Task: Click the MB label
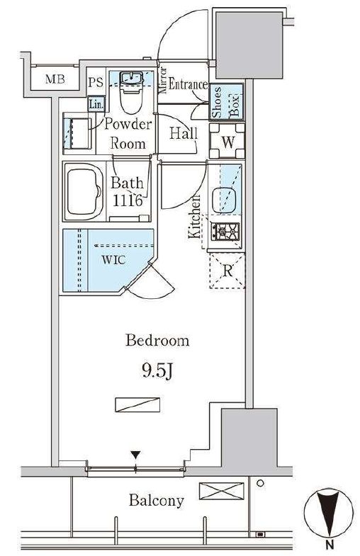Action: (55, 79)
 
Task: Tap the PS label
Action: (96, 82)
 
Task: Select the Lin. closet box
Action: (96, 104)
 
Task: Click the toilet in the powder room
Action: (131, 93)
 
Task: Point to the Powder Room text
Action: (128, 134)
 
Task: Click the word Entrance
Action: (188, 84)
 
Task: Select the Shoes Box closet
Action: (226, 101)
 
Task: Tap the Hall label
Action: (184, 133)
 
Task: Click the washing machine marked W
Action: (227, 141)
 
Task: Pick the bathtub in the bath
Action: (84, 191)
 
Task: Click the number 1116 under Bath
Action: (128, 200)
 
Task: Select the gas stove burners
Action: (225, 232)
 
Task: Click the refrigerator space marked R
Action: (227, 271)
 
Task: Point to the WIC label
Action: (113, 260)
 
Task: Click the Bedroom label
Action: (157, 341)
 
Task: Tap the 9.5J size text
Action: (157, 371)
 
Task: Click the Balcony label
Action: (157, 500)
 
